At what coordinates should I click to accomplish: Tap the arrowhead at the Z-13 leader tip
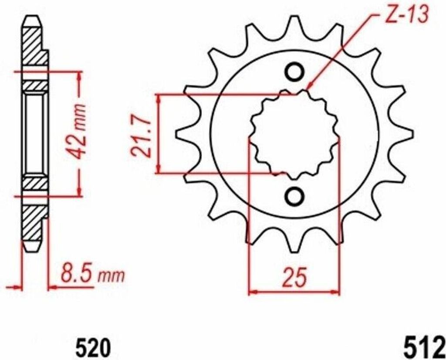point(308,88)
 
